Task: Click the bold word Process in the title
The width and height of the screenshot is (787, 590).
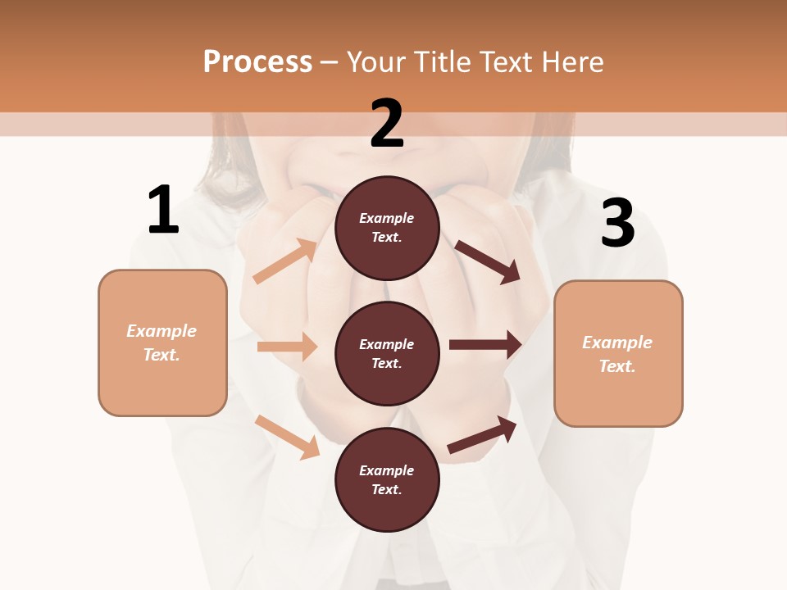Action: (x=257, y=62)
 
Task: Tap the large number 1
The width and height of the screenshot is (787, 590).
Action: (x=163, y=210)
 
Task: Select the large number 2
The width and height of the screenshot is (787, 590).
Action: (x=387, y=124)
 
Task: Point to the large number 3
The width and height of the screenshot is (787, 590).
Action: (x=617, y=224)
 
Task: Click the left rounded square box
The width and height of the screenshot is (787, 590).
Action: (x=162, y=343)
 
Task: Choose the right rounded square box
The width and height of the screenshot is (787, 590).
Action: (x=618, y=353)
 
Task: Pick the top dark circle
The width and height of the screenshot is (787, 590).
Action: (x=387, y=228)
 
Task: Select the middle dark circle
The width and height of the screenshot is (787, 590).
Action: (x=387, y=353)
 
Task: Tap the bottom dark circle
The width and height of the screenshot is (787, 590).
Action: (x=387, y=479)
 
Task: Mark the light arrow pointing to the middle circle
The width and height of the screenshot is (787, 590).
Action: (x=287, y=347)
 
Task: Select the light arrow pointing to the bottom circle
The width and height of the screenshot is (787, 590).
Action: (x=287, y=437)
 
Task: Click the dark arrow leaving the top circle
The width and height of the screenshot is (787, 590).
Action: (x=488, y=262)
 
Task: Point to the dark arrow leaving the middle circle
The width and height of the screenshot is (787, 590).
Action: (x=485, y=345)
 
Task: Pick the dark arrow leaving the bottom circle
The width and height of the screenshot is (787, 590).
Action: (x=482, y=435)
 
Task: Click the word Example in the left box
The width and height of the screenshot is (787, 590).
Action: (x=161, y=331)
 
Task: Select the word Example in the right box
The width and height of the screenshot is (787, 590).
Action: (x=617, y=343)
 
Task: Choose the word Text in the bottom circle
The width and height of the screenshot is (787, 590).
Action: (x=385, y=489)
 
